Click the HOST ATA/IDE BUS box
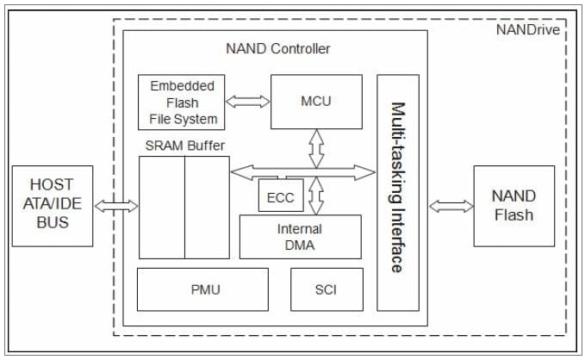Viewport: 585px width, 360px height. [x=53, y=206]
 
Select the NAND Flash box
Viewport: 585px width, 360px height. [x=513, y=206]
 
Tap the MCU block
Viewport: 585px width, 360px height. [x=316, y=101]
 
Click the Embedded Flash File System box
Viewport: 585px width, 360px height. [x=183, y=102]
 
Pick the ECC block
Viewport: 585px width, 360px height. [x=280, y=197]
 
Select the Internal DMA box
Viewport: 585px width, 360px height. [x=300, y=237]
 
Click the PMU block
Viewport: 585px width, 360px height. [x=204, y=289]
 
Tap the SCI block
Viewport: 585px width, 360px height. [x=326, y=289]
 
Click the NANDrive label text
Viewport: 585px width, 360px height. [x=528, y=29]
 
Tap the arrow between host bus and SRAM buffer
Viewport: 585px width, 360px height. [x=115, y=206]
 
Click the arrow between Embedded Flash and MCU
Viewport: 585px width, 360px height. [x=248, y=101]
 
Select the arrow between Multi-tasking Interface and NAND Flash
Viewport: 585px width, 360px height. [x=451, y=206]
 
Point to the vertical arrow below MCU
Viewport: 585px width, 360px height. [x=316, y=147]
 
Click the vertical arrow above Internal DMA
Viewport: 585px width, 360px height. [x=316, y=196]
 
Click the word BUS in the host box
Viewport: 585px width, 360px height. [x=53, y=223]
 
